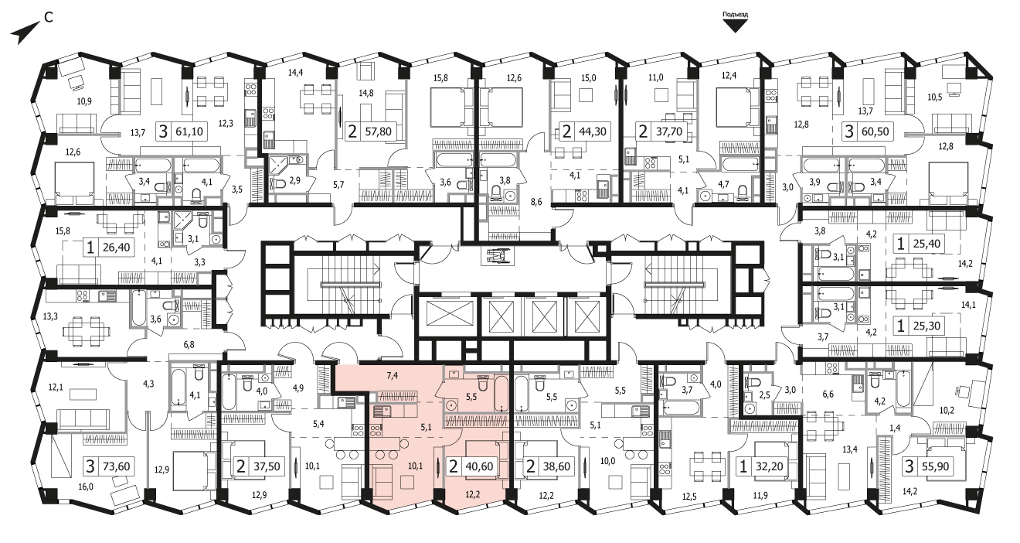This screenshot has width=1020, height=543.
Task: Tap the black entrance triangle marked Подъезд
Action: pos(735,26)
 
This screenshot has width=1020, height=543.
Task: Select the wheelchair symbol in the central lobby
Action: pos(496,255)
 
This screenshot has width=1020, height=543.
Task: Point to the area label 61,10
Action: pos(189,131)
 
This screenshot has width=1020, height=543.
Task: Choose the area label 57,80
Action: pos(379,131)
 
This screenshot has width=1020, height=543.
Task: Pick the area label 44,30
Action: pos(593,131)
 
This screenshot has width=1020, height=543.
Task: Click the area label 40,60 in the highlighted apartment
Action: pos(480,466)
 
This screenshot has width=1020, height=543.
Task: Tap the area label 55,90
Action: pos(935,466)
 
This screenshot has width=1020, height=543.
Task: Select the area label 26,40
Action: pos(117,248)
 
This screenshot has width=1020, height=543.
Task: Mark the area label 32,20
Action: pos(769,466)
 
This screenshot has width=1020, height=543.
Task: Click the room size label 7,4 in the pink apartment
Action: pos(392,376)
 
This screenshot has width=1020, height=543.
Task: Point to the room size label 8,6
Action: pos(536,202)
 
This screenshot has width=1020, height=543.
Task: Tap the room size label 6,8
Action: pos(189,345)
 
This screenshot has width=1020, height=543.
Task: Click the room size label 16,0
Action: pos(86,487)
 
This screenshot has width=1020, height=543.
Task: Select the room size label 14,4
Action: pos(295,72)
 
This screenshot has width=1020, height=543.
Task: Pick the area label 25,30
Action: pos(925,326)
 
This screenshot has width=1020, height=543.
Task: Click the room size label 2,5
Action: pos(764,395)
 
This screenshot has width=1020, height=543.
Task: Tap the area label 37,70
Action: pos(669,131)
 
